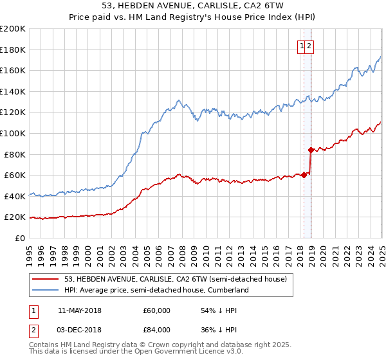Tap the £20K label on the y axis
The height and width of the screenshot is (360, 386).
[x=15, y=217]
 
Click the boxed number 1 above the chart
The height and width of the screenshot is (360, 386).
[x=301, y=46]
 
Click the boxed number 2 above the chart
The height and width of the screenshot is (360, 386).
[x=309, y=46]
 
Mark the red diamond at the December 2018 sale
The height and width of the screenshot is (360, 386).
[x=311, y=150]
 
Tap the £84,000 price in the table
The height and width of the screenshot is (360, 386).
[x=156, y=330]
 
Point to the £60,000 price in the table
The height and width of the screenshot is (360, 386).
[x=156, y=310]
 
